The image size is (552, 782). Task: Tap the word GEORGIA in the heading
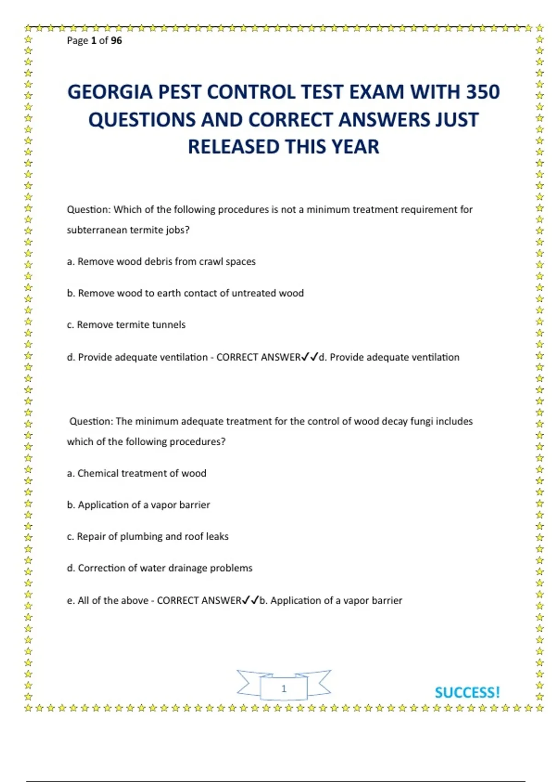pos(109,92)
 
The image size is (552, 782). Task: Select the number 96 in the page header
pos(116,40)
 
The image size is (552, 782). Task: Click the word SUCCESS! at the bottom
pos(467,692)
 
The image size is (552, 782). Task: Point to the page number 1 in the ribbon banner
pos(284,689)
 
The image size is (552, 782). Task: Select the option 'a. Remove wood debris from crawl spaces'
pos(161,262)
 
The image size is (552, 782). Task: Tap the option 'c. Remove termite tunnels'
pos(126,325)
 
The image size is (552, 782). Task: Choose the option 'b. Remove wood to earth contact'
pos(185,293)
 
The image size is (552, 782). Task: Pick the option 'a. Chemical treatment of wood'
pos(137,473)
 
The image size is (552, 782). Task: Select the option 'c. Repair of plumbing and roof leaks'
pos(148,536)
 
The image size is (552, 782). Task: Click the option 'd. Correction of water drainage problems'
pos(160,568)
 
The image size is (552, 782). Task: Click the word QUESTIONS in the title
pos(142,120)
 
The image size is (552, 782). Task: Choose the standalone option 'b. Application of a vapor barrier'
pos(138,505)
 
